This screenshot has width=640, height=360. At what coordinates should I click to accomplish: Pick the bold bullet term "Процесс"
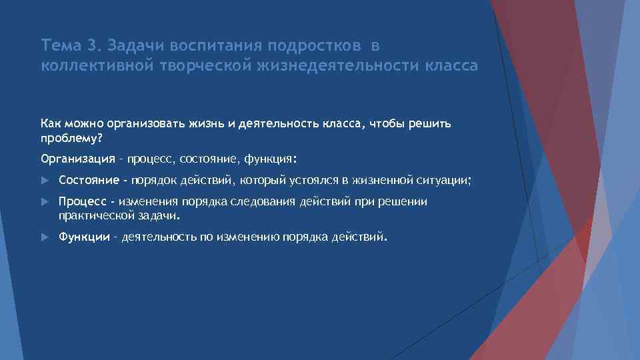81,201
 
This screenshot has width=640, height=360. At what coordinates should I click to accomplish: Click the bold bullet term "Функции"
84,237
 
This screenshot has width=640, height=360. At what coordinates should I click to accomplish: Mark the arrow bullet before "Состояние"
45,180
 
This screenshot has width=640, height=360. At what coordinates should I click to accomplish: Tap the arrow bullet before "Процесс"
45,201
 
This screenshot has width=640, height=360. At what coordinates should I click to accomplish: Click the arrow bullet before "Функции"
45,237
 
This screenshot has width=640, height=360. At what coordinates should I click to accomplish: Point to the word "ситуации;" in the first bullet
447,180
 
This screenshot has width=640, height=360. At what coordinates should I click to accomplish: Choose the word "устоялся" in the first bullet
312,180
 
